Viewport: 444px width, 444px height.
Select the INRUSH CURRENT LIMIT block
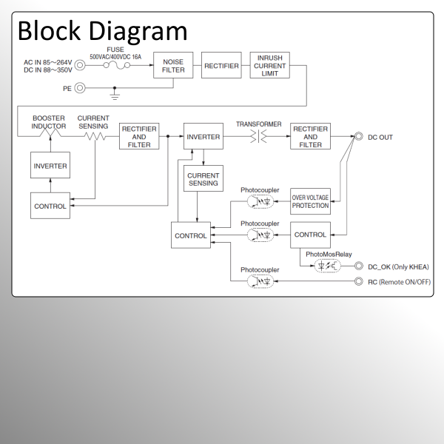[x=269, y=65]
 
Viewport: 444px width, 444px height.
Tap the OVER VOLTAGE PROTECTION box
[x=310, y=201]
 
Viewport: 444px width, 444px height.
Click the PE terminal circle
[x=80, y=88]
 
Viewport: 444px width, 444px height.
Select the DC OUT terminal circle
[x=358, y=137]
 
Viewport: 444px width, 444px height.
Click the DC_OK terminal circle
[x=358, y=266]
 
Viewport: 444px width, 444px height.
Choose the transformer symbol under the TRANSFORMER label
[x=258, y=137]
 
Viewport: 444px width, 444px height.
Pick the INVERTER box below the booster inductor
[x=50, y=166]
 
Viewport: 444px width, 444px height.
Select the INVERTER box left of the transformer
[x=203, y=137]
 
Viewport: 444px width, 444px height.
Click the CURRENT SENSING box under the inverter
[x=203, y=178]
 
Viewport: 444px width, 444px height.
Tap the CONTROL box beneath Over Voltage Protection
[x=310, y=235]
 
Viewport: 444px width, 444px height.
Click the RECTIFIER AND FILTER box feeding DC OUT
[x=310, y=137]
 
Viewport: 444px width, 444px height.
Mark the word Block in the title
[x=50, y=31]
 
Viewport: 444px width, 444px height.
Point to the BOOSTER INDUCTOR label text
[x=49, y=122]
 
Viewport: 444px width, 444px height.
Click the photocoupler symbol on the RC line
[x=260, y=282]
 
